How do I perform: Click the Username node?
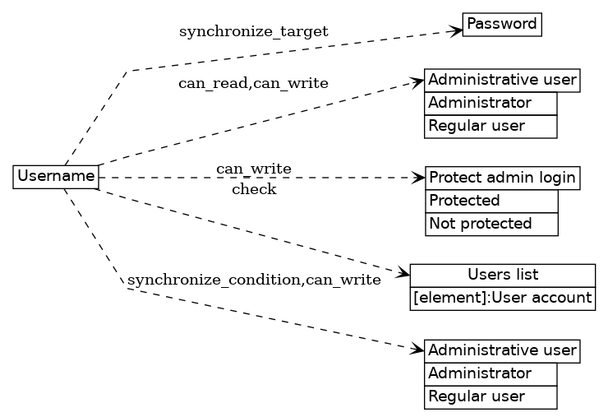pyautogui.click(x=56, y=176)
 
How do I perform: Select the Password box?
pyautogui.click(x=501, y=25)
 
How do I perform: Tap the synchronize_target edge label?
pyautogui.click(x=253, y=32)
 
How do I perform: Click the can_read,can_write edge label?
pyautogui.click(x=253, y=83)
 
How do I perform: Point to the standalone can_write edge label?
pyautogui.click(x=253, y=169)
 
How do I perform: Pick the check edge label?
pyautogui.click(x=254, y=190)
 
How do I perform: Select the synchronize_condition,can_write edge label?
pyautogui.click(x=254, y=280)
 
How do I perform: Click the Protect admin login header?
pyautogui.click(x=503, y=178)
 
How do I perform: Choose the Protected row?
pyautogui.click(x=491, y=201)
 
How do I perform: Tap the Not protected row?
pyautogui.click(x=491, y=224)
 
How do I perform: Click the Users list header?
pyautogui.click(x=502, y=275)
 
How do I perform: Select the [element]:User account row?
pyautogui.click(x=502, y=298)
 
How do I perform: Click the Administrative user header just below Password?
pyautogui.click(x=502, y=81)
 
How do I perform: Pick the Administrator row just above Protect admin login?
pyautogui.click(x=491, y=103)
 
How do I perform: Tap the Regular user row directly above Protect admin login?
pyautogui.click(x=491, y=126)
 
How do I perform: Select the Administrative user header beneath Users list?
pyautogui.click(x=502, y=350)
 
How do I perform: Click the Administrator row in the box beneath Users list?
pyautogui.click(x=491, y=373)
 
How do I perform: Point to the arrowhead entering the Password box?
pyautogui.click(x=456, y=31)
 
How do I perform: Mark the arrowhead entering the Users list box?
pyautogui.click(x=403, y=273)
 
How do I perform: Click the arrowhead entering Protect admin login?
pyautogui.click(x=419, y=177)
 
